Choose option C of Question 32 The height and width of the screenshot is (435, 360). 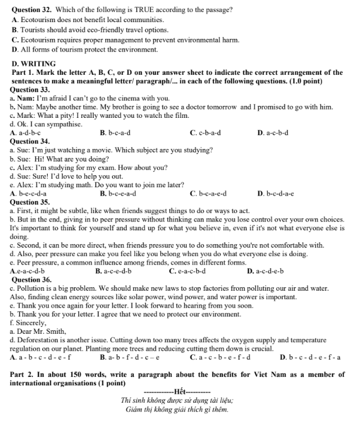125,39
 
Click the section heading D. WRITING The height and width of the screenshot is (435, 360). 33,63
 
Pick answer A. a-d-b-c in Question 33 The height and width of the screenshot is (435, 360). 26,133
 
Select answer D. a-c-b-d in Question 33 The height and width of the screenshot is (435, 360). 273,133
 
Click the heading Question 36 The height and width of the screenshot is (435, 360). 31,279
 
